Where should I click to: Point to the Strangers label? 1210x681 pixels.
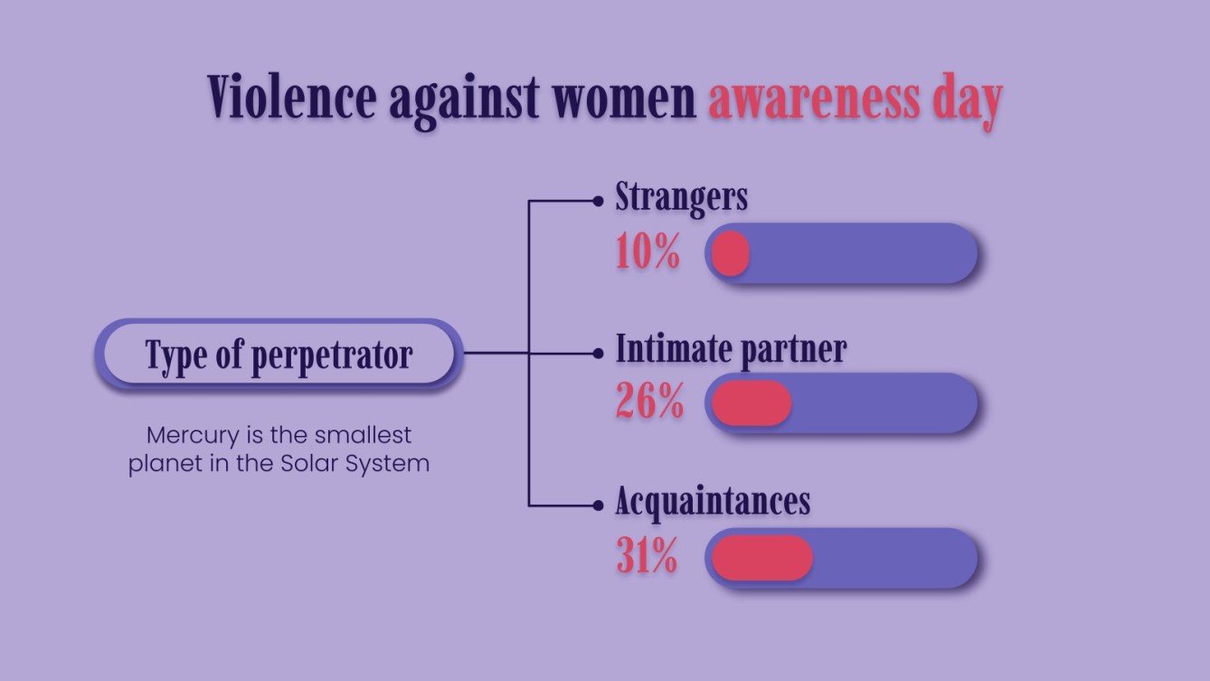(681, 197)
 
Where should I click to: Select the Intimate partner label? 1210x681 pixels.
(731, 349)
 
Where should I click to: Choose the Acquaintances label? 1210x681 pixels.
(713, 501)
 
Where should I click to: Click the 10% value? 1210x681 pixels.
(648, 253)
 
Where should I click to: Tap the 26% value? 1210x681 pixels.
(649, 402)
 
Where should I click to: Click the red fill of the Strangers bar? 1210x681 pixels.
(730, 254)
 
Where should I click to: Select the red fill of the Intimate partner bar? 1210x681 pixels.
(751, 403)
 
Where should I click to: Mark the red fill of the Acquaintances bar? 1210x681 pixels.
(761, 558)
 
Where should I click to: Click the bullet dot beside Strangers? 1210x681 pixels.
(597, 202)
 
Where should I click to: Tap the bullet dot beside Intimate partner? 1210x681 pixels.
(597, 354)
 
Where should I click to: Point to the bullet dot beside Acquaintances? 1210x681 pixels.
(597, 506)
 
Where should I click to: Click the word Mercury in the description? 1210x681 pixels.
(185, 435)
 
